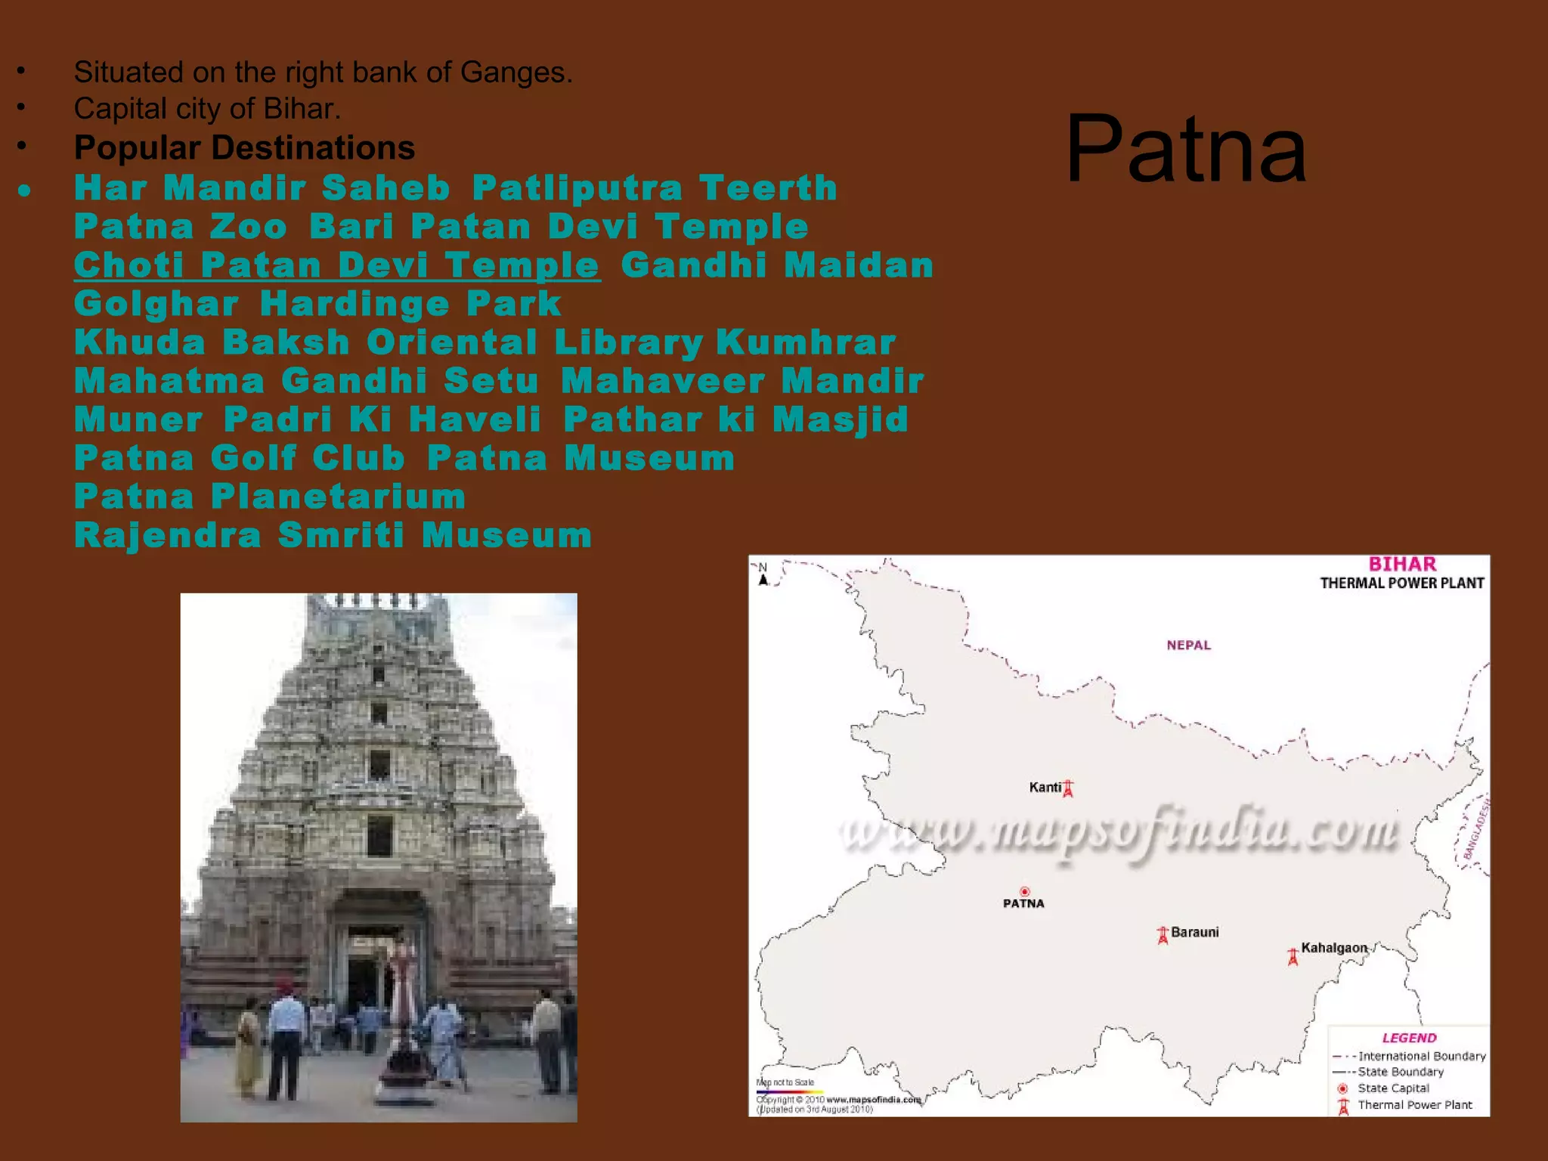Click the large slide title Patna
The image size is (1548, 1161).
point(1185,148)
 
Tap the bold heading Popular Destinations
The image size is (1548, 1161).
point(244,147)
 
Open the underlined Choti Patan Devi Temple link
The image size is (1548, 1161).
point(337,265)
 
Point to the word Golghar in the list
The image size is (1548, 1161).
point(156,304)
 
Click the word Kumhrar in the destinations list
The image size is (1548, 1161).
point(806,342)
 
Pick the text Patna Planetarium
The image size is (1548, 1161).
point(270,497)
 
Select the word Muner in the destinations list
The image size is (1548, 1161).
point(139,420)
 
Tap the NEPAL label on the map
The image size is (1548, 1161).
point(1188,645)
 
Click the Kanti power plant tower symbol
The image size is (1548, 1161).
point(1068,789)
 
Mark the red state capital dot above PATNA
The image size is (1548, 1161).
point(1025,892)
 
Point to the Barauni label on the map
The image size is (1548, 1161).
point(1194,932)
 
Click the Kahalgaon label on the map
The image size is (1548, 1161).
point(1334,948)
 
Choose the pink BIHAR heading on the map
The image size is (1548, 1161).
point(1402,564)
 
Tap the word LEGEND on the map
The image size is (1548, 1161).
point(1409,1038)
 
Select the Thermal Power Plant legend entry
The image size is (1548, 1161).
point(1414,1105)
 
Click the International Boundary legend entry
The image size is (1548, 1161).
point(1421,1056)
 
